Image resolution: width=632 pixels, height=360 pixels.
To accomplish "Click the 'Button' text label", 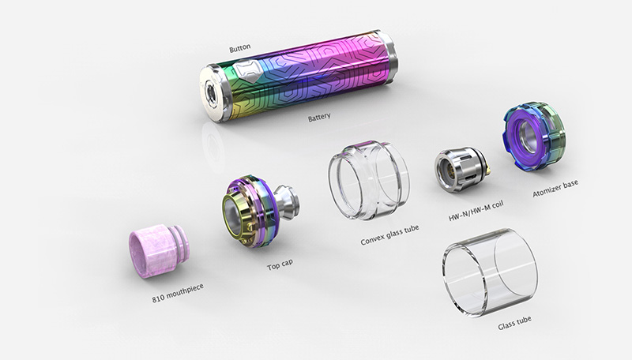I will click(x=239, y=48).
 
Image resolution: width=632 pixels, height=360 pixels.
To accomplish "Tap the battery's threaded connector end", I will click(x=213, y=90).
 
